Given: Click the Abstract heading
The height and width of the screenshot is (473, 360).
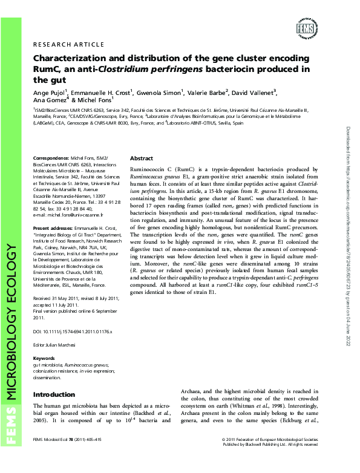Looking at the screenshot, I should point(142,157).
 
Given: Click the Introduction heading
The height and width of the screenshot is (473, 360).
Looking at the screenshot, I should point(54,394).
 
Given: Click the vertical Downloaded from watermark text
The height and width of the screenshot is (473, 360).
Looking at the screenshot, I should point(347,236).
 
